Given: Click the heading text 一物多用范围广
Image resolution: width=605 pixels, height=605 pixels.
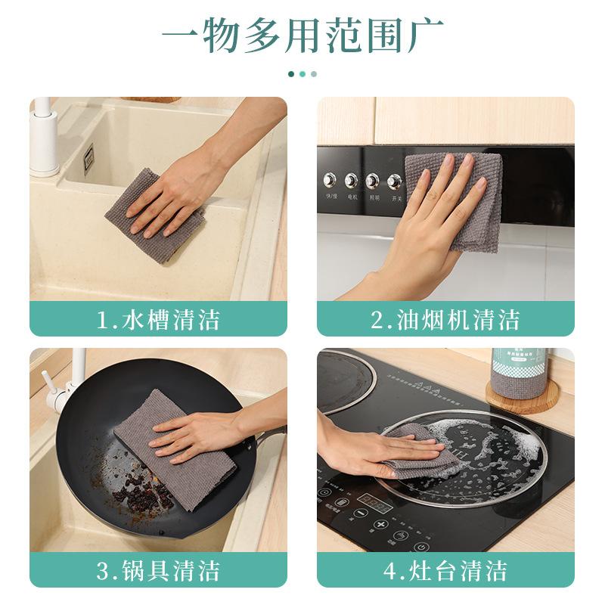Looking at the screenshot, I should click(302, 36).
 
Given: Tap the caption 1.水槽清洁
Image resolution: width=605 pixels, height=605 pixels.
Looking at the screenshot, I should click(159, 319).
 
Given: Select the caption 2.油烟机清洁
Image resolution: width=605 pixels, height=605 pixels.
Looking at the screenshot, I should click(445, 319).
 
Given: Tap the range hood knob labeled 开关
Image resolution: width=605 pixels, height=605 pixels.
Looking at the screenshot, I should click(394, 181).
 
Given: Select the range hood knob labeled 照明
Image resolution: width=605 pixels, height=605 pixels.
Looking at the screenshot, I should click(373, 181).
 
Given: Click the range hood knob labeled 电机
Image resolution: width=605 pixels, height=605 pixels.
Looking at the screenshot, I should click(352, 181).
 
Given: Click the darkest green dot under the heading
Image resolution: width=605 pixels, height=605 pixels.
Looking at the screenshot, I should click(291, 74).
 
